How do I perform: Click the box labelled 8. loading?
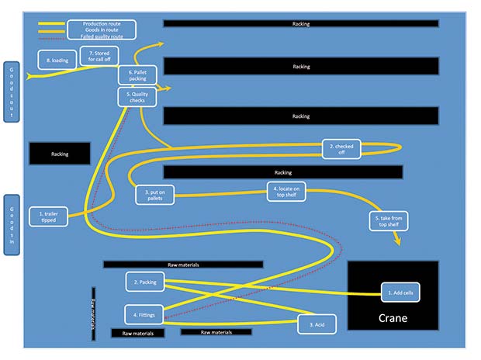[57, 60]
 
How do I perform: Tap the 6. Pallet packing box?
[138, 74]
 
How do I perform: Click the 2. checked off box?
[342, 149]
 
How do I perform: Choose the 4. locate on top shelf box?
[287, 191]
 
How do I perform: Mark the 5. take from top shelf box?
[388, 221]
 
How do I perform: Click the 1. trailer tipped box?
[47, 216]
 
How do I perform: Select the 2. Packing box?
[147, 282]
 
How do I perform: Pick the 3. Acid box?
[317, 324]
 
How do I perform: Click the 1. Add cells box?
[401, 292]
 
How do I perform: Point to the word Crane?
[393, 318]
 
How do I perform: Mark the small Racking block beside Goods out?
[60, 154]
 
